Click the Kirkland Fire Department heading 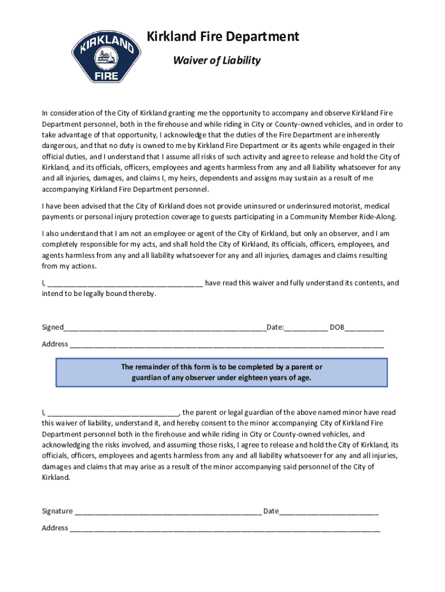point(222,37)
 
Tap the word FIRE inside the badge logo point(106,76)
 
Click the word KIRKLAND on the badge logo point(106,43)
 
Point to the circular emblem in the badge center point(106,58)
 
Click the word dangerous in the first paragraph point(60,146)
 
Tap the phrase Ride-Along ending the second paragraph point(376,217)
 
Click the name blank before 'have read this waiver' point(125,283)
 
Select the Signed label point(52,328)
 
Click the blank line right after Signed point(165,328)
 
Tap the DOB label point(336,328)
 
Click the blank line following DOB point(365,328)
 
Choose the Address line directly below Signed point(225,345)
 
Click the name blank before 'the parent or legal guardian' point(113,413)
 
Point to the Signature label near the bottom point(57,511)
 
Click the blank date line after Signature point(329,512)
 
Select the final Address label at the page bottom point(55,528)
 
